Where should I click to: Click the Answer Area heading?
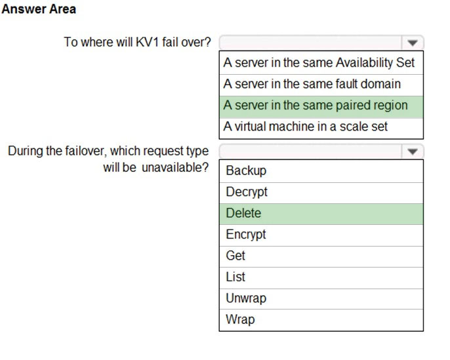39,9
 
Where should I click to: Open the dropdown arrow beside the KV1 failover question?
413,43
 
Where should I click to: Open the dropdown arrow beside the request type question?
413,151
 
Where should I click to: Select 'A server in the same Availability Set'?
319,62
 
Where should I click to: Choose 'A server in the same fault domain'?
312,84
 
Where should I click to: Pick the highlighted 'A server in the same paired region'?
316,106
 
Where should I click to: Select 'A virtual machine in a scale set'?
306,127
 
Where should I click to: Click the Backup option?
246,170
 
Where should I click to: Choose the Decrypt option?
247,192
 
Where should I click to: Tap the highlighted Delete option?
243,213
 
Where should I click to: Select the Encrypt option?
245,234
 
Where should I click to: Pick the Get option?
235,256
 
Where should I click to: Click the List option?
235,277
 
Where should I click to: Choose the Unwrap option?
246,298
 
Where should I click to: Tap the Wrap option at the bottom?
240,319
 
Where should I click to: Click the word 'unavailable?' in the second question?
175,167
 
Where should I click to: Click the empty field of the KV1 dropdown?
310,43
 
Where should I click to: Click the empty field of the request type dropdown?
310,151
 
